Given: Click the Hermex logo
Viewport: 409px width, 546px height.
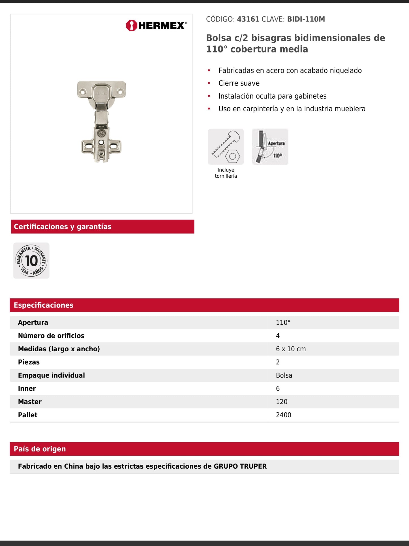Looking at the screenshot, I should tap(156, 26).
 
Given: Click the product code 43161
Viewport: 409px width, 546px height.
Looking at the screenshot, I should tap(248, 19).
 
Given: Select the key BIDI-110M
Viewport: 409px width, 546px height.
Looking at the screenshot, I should tap(306, 19).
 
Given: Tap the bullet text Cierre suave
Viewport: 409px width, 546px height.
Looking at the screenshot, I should tap(239, 83).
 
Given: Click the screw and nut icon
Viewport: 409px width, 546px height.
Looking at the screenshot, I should tap(226, 146).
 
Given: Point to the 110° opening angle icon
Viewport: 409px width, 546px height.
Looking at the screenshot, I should tap(270, 146).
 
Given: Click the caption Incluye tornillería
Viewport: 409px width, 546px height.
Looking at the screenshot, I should tap(226, 173).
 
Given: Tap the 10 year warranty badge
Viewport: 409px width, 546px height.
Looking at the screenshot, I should tap(31, 260).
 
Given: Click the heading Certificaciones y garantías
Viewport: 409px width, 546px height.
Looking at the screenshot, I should tap(63, 227).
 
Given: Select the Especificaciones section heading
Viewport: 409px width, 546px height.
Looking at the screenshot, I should tap(44, 305).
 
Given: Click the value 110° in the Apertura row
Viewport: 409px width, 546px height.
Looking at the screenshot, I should tap(283, 322).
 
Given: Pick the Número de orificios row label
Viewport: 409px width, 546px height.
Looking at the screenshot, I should tap(51, 336).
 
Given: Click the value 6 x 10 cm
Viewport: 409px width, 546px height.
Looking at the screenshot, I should tap(291, 349).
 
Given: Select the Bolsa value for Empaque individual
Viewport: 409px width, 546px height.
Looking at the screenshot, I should tap(284, 375).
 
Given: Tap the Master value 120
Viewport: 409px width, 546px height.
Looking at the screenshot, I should tap(282, 402).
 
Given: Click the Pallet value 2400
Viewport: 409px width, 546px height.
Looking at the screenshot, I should tap(283, 415).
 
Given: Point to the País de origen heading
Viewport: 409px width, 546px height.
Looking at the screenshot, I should tap(40, 449).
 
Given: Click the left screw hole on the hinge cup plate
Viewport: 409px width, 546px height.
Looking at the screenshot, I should tap(83, 92).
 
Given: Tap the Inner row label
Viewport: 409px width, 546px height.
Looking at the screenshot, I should tap(27, 389).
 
